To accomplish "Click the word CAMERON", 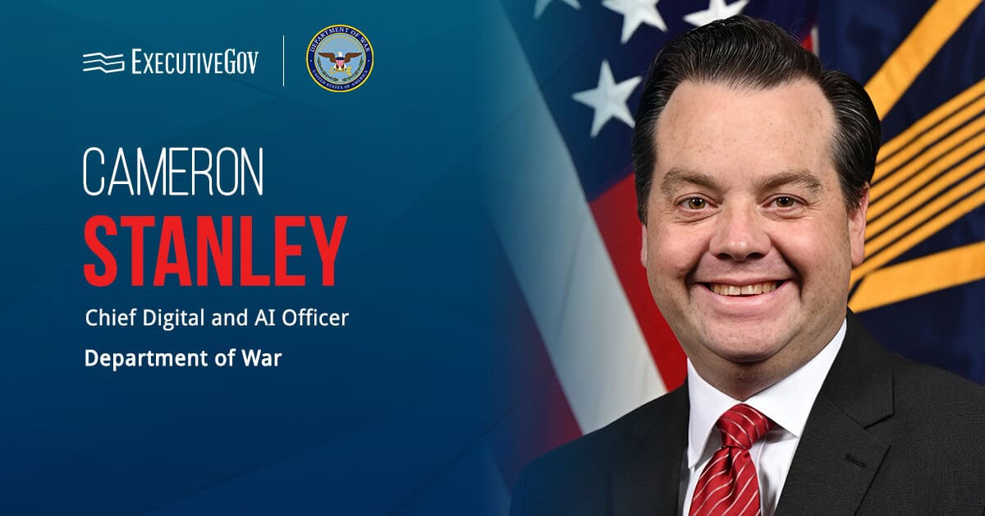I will (x=173, y=173).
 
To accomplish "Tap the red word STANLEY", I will (x=215, y=251).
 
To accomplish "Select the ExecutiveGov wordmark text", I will (x=195, y=62).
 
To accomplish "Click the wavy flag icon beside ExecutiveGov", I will (x=103, y=62).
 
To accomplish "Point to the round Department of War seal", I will (x=339, y=58).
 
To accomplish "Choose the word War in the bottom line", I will (x=264, y=359).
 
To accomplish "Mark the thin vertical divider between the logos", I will (x=284, y=60).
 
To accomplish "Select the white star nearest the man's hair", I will (x=607, y=97).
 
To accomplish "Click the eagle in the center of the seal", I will (x=339, y=59).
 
